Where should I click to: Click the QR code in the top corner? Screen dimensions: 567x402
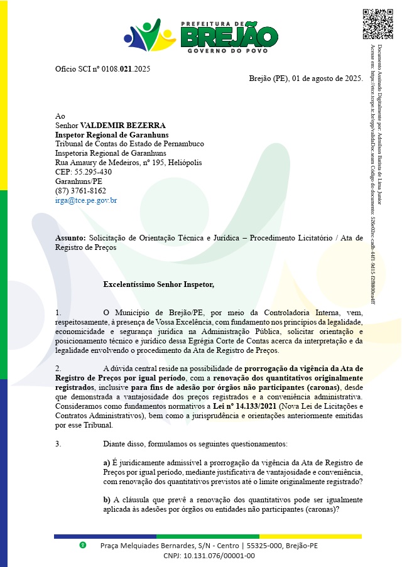[x=378, y=24]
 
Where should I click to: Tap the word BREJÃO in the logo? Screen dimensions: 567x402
[x=220, y=36]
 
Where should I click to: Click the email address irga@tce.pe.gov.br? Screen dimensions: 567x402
[x=86, y=201]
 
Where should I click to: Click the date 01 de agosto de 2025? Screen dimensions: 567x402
[x=326, y=78]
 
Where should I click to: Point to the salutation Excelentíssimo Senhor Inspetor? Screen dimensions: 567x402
[x=158, y=284]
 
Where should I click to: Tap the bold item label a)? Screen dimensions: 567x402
[x=107, y=463]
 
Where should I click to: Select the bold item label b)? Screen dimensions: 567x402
[x=107, y=500]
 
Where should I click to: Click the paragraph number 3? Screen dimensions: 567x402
[x=58, y=444]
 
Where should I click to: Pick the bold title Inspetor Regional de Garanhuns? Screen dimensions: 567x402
[x=112, y=135]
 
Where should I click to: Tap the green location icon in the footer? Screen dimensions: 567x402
[x=82, y=545]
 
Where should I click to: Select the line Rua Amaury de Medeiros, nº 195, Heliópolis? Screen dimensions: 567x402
[x=129, y=163]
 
